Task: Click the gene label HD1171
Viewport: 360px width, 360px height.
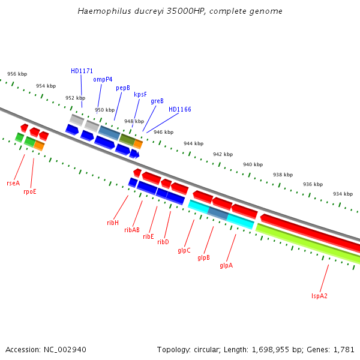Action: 82,71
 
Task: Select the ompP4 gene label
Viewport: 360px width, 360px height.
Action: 103,79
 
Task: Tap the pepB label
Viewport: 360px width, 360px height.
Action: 123,88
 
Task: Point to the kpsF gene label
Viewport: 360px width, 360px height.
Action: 140,94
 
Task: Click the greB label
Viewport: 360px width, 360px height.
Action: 157,101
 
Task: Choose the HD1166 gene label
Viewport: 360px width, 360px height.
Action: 180,109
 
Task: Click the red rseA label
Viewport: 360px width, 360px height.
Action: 13,183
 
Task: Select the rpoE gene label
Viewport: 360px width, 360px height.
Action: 30,191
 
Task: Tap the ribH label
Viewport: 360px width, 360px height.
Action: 113,223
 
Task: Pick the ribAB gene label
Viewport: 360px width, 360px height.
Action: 132,230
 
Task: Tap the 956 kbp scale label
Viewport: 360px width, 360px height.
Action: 17,74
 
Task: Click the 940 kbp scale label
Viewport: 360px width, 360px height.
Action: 253,164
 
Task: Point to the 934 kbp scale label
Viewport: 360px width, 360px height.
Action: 343,194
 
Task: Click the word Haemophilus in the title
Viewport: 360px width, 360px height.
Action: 103,11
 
